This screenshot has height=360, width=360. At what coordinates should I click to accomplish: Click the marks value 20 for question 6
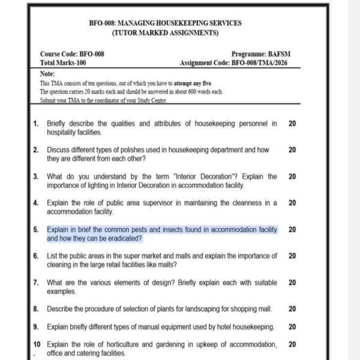tap(292, 256)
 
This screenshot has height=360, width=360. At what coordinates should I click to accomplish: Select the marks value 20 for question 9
tap(292, 327)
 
